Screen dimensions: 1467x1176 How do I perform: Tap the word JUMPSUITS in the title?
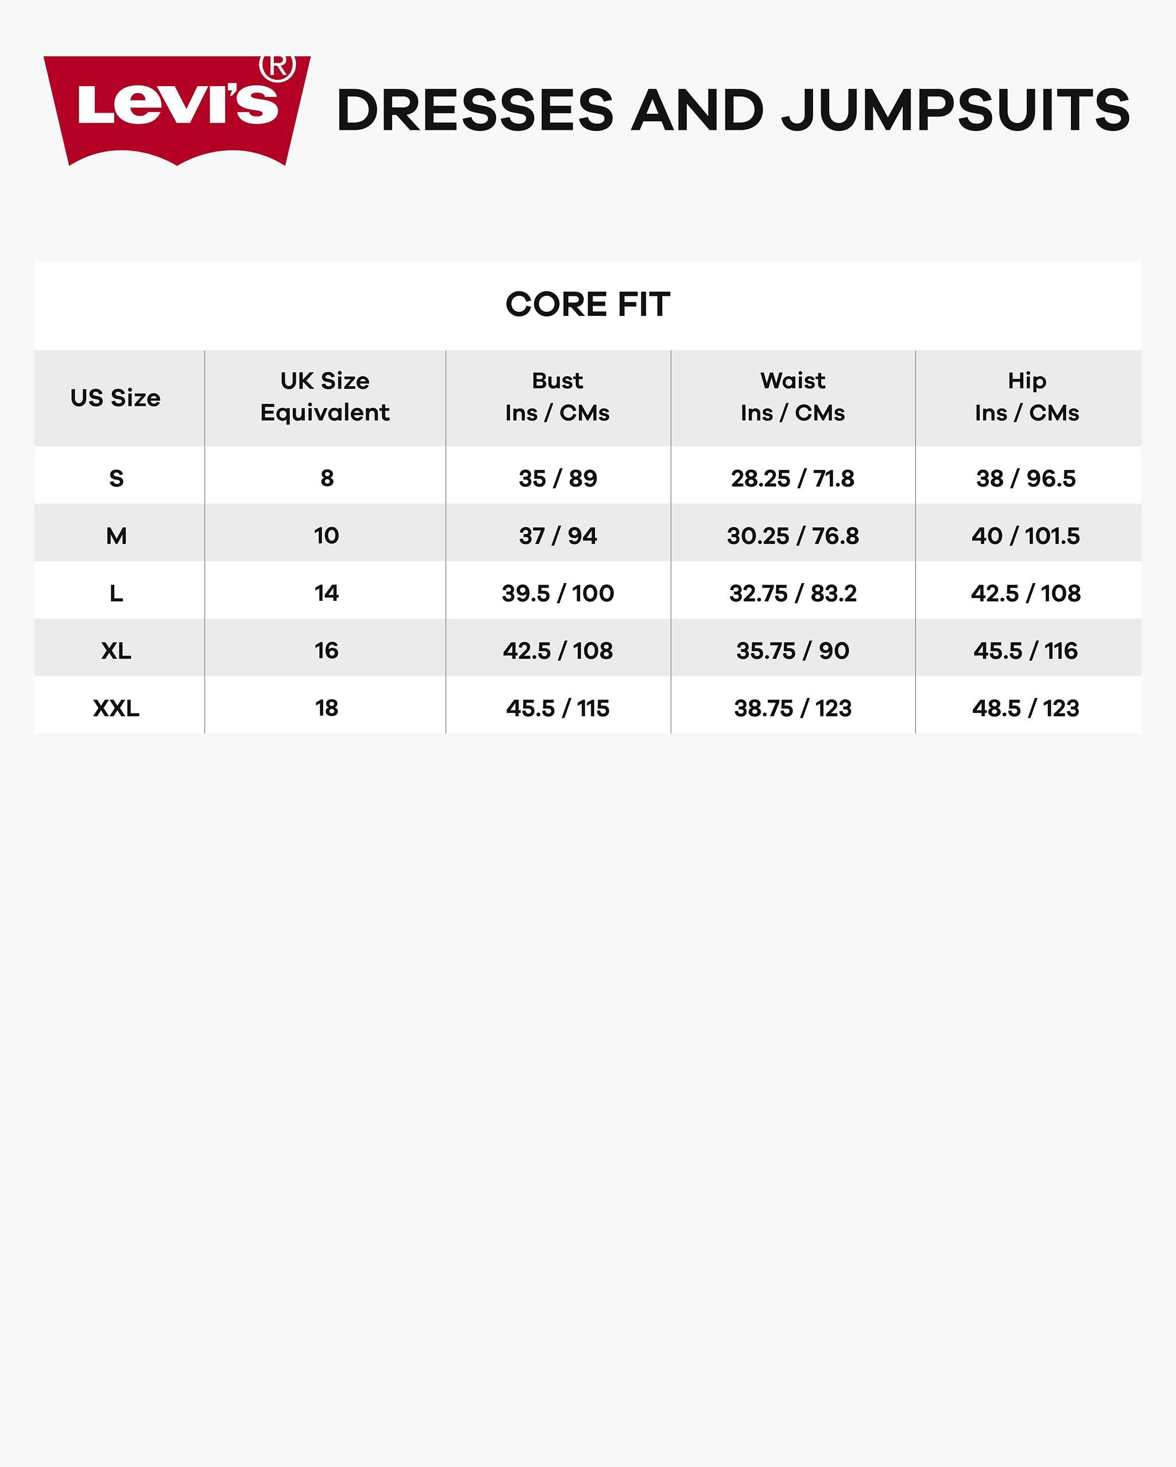pyautogui.click(x=955, y=110)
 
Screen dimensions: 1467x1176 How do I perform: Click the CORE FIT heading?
pyautogui.click(x=587, y=304)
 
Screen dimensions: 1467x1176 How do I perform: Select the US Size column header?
pyautogui.click(x=115, y=398)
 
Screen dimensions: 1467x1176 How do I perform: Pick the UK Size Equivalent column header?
pyautogui.click(x=325, y=397)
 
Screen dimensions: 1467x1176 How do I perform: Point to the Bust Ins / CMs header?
pyautogui.click(x=557, y=397)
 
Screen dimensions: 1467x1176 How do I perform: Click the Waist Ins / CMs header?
pyautogui.click(x=792, y=397)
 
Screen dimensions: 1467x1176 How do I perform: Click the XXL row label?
pyautogui.click(x=117, y=708)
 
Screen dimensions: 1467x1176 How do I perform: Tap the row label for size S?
pyautogui.click(x=117, y=478)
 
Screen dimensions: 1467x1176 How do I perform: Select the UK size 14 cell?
pyautogui.click(x=327, y=593)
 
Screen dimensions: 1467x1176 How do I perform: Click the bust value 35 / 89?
pyautogui.click(x=558, y=478)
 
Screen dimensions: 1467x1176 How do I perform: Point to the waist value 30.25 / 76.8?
pyautogui.click(x=792, y=536)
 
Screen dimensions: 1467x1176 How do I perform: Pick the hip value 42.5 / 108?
pyautogui.click(x=1026, y=593)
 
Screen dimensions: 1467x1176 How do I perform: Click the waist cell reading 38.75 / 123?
pyautogui.click(x=792, y=708)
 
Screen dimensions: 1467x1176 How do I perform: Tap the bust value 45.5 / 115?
pyautogui.click(x=558, y=708)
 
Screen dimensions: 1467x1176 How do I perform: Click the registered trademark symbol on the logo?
pyautogui.click(x=277, y=67)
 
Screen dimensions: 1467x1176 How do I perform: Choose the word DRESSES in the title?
pyautogui.click(x=475, y=110)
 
